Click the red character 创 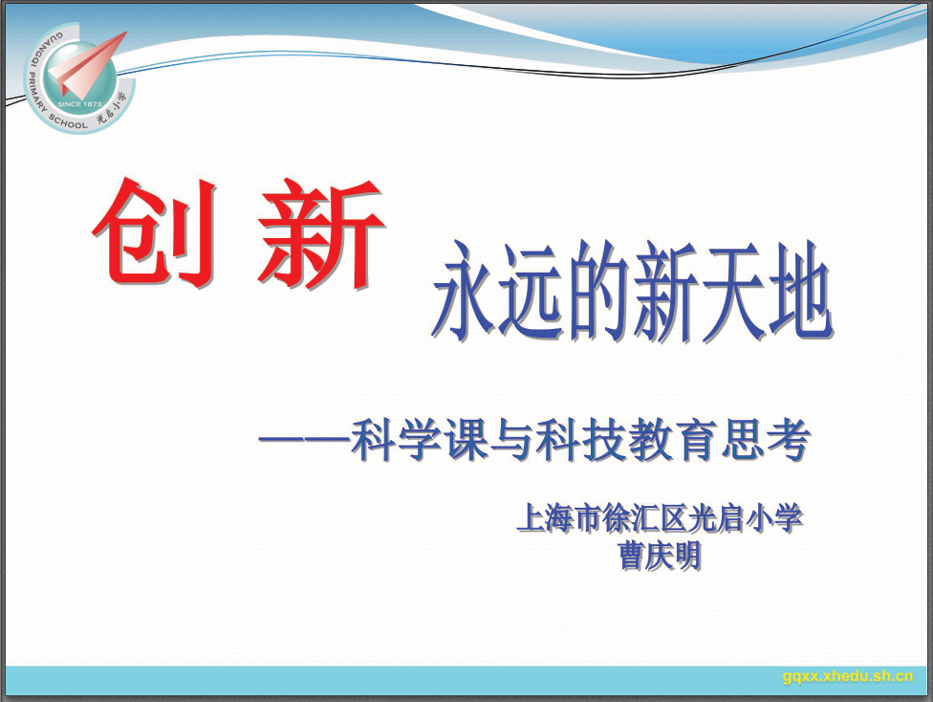pos(155,231)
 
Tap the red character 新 pos(321,232)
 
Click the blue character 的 pos(597,291)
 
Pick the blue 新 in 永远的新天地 pos(665,291)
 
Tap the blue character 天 pos(732,291)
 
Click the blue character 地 pos(799,291)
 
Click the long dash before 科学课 pos(304,441)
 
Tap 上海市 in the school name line pos(558,518)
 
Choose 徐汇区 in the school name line pos(644,518)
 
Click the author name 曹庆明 pos(660,556)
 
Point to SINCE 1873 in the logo pos(80,105)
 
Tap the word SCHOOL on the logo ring pos(67,121)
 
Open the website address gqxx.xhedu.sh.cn pos(848,676)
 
